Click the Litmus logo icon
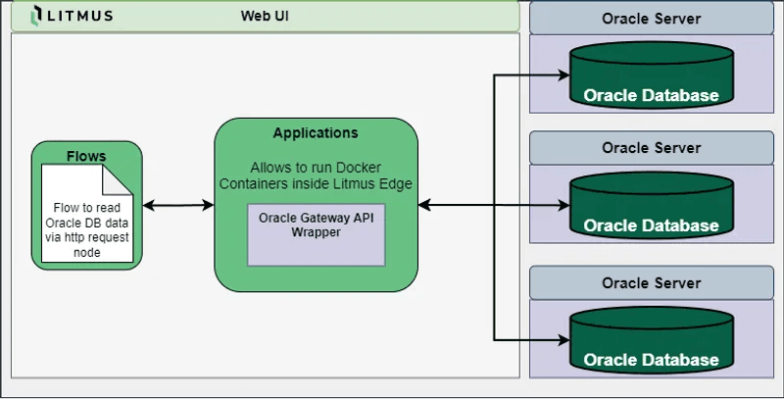click(x=36, y=15)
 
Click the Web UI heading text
click(x=265, y=16)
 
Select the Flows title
click(x=86, y=156)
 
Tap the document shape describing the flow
click(x=86, y=215)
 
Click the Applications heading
click(x=316, y=133)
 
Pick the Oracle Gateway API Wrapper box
click(x=316, y=234)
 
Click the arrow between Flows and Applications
click(x=178, y=205)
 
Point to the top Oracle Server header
click(x=652, y=19)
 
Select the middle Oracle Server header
click(x=652, y=148)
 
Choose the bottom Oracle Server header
click(x=652, y=283)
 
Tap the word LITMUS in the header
click(x=81, y=16)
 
